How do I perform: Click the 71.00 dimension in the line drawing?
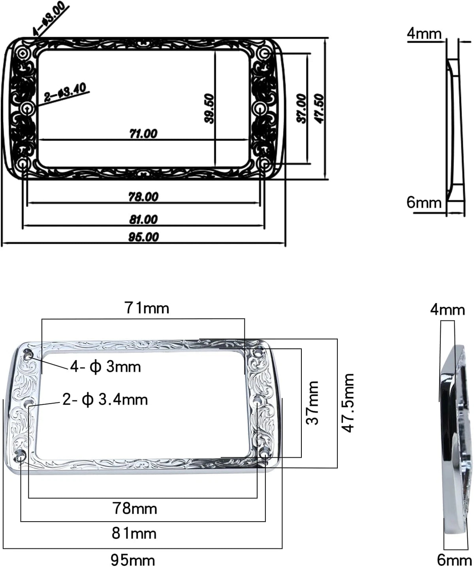pos(143,133)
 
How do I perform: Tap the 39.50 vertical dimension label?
pos(209,109)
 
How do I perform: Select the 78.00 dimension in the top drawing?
pos(143,196)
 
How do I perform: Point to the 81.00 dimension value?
pos(143,219)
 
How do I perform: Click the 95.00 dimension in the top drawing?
pos(143,237)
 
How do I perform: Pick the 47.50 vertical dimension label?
pos(319,109)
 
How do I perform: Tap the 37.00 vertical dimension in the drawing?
pos(301,109)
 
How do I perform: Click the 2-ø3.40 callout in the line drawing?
pos(66,93)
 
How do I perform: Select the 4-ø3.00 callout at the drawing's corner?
pos(49,19)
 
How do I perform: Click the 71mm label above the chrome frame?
pos(147,308)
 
